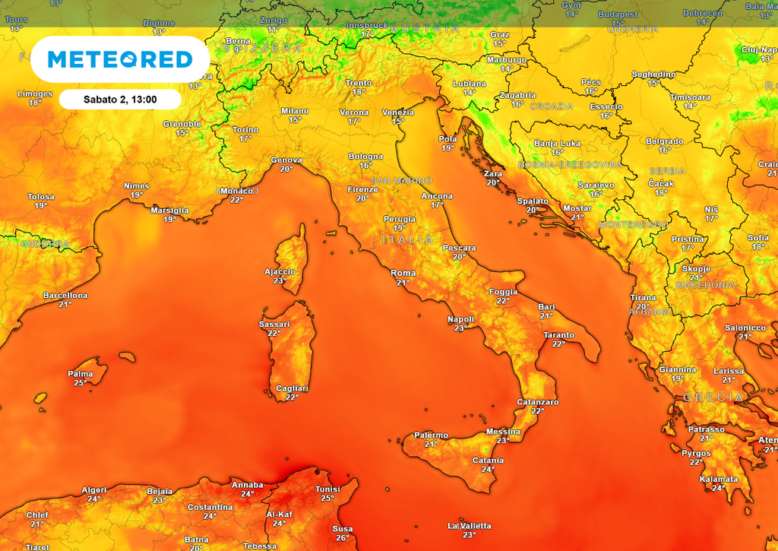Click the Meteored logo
tap(120, 59)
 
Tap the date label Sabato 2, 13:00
tap(119, 100)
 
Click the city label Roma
tap(403, 273)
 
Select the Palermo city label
tap(431, 435)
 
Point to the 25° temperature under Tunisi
tap(327, 499)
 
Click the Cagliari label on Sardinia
tap(292, 388)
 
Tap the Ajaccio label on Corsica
tap(280, 271)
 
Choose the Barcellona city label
tap(65, 295)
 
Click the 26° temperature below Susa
tap(343, 538)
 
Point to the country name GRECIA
tap(713, 397)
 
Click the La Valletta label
tap(470, 526)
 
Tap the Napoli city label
tap(460, 319)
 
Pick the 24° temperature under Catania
tap(488, 470)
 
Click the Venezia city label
tap(397, 112)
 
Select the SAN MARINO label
tap(401, 181)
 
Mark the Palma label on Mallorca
tap(81, 374)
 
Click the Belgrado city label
tap(664, 141)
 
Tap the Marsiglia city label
tap(170, 211)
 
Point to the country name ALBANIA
tap(650, 312)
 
